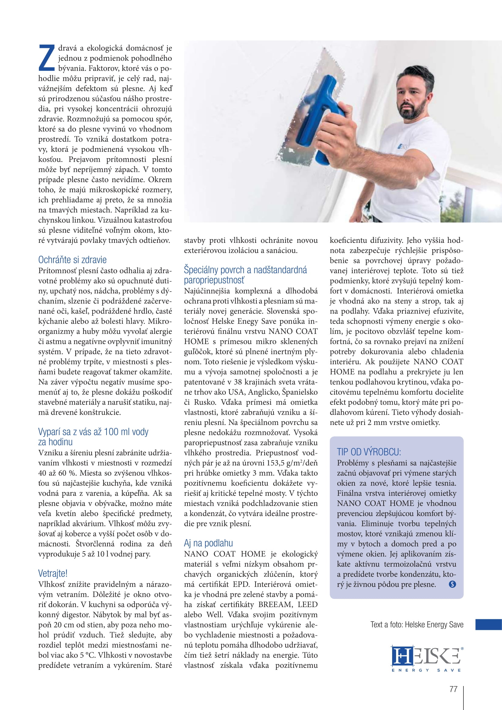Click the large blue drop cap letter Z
47,58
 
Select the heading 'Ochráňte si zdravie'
72,260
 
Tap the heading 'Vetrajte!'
53,574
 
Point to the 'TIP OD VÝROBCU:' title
369,452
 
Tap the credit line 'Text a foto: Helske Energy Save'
417,625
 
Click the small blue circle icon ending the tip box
452,584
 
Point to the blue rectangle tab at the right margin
488,624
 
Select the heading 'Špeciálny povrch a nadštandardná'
245,270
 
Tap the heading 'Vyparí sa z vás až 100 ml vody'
93,432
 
